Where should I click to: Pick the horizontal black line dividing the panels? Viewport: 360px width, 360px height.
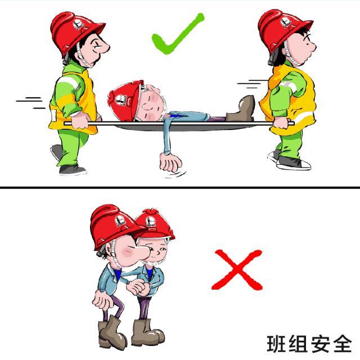[x=180, y=187]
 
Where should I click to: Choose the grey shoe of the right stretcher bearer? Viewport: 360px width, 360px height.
[x=292, y=163]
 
